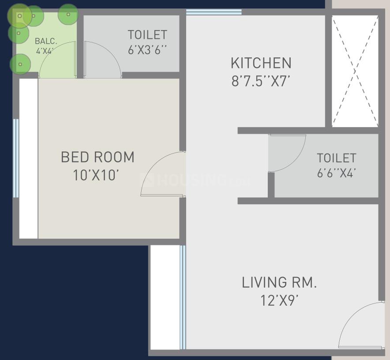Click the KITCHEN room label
261,63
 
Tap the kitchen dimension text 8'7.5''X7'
261,82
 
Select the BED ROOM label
97,157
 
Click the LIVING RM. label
279,282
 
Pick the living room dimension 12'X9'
279,301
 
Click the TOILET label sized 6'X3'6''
147,34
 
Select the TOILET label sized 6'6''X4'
336,158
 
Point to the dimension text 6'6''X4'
336,173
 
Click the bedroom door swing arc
161,174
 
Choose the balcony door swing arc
56,60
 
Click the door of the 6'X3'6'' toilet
102,60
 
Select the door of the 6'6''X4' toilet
286,153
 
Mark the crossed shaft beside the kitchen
355,71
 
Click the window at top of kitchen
214,12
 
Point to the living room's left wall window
183,297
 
